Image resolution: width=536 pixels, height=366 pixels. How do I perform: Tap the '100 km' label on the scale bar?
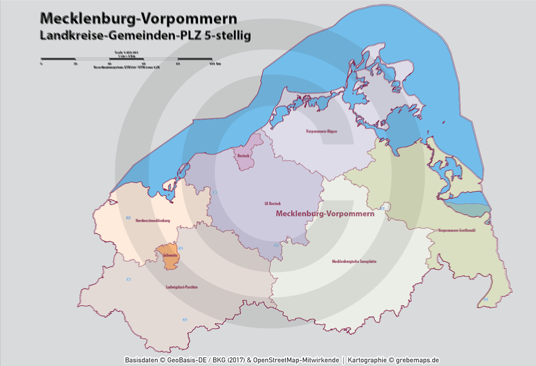215,64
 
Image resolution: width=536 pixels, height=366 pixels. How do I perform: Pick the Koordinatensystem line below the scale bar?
126,67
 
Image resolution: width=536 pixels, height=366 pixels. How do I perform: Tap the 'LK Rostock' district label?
272,204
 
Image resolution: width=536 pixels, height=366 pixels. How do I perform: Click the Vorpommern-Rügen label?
321,132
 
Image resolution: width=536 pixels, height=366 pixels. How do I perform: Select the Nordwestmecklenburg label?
153,220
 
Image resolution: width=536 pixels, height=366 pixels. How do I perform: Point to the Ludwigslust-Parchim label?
181,287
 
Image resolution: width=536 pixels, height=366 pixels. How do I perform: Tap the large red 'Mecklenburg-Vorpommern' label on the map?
325,214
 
